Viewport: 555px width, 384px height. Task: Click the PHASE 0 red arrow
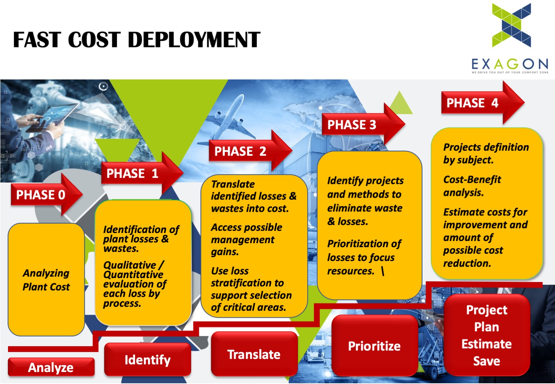point(47,195)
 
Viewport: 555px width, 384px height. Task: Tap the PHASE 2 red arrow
point(250,151)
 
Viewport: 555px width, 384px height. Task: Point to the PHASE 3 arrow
point(363,124)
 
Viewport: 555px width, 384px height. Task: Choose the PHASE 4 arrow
point(483,103)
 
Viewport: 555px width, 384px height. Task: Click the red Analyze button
point(51,367)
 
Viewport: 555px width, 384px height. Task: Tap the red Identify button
point(147,360)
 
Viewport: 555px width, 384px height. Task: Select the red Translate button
point(254,354)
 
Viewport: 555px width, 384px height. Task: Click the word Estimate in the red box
point(487,344)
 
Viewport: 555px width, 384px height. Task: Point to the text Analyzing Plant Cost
point(46,280)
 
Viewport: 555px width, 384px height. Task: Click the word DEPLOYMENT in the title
point(194,40)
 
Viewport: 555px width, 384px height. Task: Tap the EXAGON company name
point(510,64)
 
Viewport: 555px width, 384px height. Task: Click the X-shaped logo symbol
point(511,25)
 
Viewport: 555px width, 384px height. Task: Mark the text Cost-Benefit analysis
point(472,186)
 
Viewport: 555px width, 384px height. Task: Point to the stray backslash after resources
point(383,271)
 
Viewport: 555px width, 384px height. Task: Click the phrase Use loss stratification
point(247,277)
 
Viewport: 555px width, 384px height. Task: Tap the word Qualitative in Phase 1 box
point(130,265)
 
